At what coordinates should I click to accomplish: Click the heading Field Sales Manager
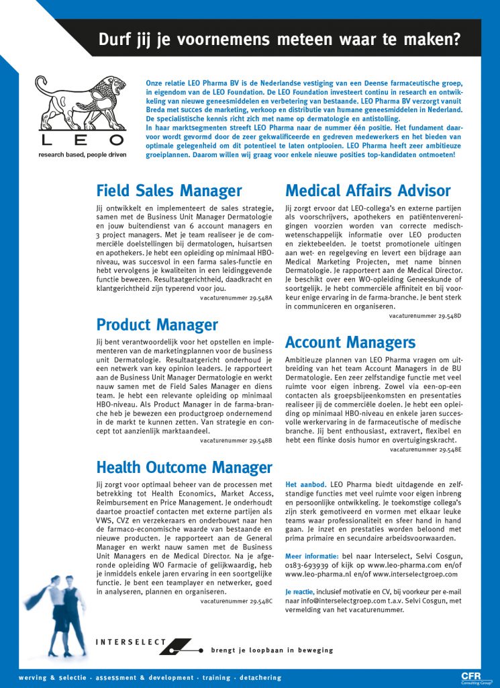pos(169,191)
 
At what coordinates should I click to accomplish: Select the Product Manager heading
pos(157,325)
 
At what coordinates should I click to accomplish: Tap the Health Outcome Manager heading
pos(185,467)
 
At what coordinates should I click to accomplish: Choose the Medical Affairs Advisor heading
pos(368,191)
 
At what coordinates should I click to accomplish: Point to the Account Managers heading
pos(350,342)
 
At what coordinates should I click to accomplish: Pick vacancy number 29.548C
pos(236,601)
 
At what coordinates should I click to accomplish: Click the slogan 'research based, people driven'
pos(81,154)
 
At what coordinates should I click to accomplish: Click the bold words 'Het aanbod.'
pos(305,484)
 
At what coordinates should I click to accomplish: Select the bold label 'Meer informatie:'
pos(312,556)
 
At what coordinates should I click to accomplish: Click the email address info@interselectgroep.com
pos(338,601)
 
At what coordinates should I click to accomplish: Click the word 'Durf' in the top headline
pos(115,39)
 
